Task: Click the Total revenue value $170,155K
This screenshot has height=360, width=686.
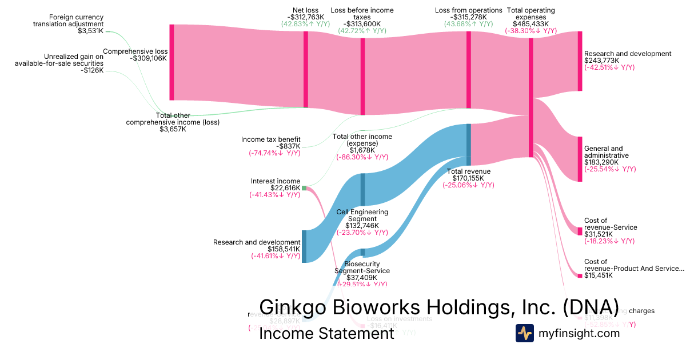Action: pyautogui.click(x=468, y=178)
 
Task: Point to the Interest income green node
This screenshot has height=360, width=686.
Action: pyautogui.click(x=304, y=187)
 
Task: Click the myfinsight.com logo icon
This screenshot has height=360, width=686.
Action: pyautogui.click(x=524, y=333)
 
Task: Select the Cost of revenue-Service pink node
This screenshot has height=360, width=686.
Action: pyautogui.click(x=580, y=231)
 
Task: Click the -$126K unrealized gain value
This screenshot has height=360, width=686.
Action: pyautogui.click(x=91, y=70)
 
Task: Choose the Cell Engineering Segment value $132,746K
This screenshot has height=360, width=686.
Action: pyautogui.click(x=362, y=226)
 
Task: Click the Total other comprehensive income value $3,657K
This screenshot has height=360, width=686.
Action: pyautogui.click(x=173, y=129)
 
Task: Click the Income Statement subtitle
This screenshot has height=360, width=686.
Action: pyautogui.click(x=326, y=333)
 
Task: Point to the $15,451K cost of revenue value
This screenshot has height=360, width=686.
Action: pyautogui.click(x=598, y=275)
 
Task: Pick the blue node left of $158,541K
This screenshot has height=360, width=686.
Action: pyautogui.click(x=304, y=246)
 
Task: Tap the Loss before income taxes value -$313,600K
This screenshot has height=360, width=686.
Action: pyautogui.click(x=362, y=24)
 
